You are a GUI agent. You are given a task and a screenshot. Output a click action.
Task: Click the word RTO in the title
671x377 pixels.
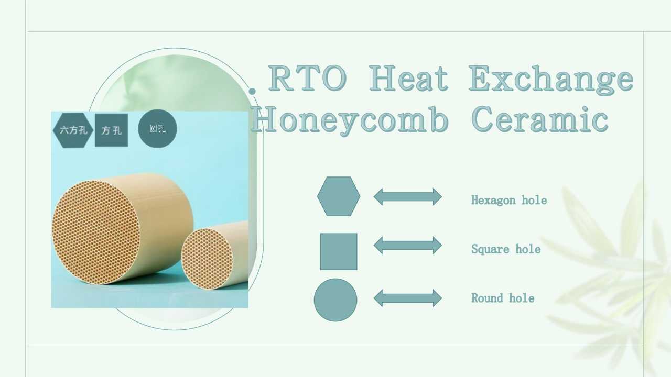tap(307, 79)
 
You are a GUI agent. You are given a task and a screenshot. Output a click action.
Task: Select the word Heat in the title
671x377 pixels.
tap(408, 79)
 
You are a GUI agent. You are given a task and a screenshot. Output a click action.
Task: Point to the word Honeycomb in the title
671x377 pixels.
tap(350, 120)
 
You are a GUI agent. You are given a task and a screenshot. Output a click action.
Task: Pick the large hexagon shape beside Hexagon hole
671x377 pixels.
tap(339, 196)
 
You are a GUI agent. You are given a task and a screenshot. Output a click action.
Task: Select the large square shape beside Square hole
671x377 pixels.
tap(339, 252)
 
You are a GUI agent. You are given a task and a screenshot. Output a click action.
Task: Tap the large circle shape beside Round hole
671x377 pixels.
tap(335, 300)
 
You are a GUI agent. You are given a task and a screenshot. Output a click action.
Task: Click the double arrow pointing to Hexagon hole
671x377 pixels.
tap(408, 196)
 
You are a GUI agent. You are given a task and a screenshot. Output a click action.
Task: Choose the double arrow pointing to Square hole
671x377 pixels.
tap(408, 245)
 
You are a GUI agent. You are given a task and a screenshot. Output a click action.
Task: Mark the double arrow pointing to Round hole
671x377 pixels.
tap(408, 298)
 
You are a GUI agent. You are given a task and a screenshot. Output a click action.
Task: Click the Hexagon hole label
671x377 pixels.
tap(509, 200)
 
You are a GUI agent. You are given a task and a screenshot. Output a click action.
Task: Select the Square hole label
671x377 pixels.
tap(506, 249)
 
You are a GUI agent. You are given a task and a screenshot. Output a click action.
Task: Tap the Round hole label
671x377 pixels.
tap(503, 298)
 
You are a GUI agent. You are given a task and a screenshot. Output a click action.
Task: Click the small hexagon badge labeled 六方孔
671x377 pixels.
tap(73, 130)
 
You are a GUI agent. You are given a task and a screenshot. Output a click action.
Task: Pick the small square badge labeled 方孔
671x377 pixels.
tap(112, 130)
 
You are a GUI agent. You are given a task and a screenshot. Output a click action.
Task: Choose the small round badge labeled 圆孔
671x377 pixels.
tap(158, 129)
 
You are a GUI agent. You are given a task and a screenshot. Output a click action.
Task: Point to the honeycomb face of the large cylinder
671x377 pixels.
tap(96, 232)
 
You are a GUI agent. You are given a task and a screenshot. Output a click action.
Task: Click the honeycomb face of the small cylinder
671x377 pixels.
tap(207, 259)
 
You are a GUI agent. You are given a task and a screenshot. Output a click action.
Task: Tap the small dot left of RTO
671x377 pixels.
tap(253, 91)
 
